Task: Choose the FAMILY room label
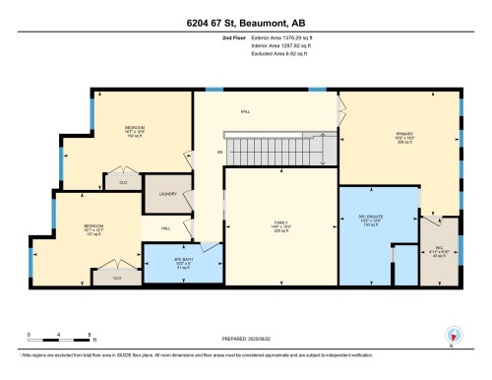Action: tap(279, 223)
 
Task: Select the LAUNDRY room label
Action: tap(166, 194)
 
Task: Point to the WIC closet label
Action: tap(439, 250)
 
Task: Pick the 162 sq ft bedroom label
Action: tap(135, 131)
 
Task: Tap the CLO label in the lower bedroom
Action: tap(116, 278)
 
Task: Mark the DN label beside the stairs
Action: tap(209, 151)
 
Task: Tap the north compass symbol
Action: tap(451, 335)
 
